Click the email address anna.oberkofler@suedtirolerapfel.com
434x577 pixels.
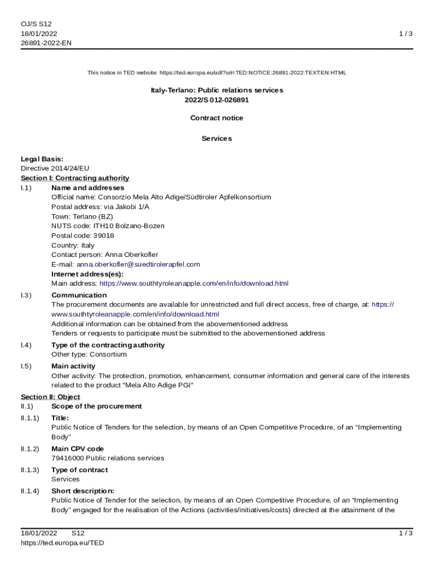138,264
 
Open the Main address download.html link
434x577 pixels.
194,283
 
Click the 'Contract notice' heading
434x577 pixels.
216,118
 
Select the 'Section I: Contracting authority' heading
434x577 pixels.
75,178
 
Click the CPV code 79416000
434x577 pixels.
67,458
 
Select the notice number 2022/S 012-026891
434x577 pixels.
216,100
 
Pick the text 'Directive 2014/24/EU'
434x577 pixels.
55,168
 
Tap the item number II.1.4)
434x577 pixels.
30,491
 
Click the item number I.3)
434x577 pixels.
26,295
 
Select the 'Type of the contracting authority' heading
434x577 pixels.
108,345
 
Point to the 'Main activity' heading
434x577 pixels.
73,366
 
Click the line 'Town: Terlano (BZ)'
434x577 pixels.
82,216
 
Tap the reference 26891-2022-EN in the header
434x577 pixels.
46,43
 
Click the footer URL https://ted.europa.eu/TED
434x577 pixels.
63,543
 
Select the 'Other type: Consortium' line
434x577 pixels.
89,354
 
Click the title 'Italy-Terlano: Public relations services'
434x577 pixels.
216,90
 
